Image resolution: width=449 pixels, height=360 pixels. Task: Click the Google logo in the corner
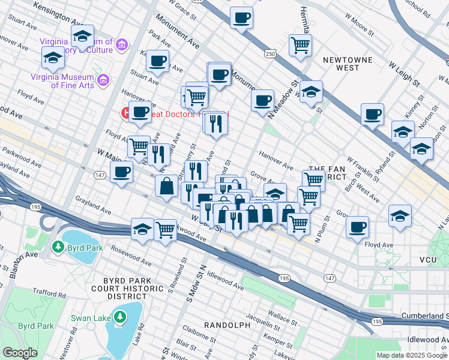(20, 353)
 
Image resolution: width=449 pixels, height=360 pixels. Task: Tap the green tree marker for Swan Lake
(120, 316)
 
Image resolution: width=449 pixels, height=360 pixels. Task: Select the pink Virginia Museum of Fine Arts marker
(102, 80)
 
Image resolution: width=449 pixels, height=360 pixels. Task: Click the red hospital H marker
(127, 112)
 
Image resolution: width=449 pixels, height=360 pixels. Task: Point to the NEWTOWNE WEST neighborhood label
(348, 64)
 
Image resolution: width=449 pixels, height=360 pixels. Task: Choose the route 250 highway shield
(271, 54)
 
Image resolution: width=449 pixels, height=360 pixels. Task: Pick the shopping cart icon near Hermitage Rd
(300, 44)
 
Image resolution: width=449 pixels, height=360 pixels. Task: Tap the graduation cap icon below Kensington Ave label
(82, 37)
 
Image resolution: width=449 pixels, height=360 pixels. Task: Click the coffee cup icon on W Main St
(122, 173)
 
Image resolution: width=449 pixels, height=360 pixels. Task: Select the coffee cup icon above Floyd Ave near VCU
(358, 227)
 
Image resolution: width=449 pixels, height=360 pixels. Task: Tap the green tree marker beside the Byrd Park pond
(58, 247)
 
